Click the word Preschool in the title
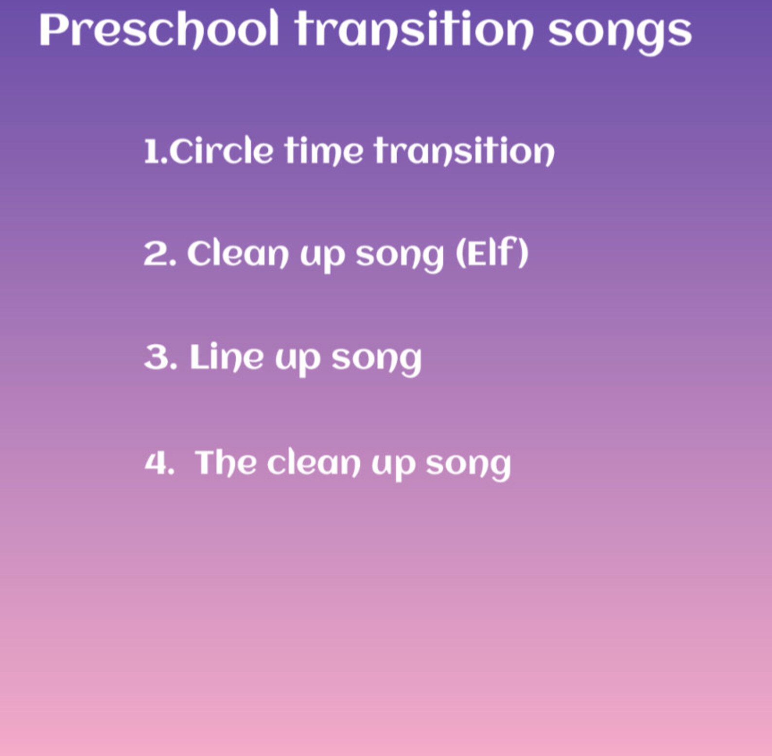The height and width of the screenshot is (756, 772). pos(158,30)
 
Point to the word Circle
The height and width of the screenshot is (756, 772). pos(222,151)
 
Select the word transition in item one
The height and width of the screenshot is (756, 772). pos(464,151)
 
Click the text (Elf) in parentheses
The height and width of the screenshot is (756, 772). pos(491,254)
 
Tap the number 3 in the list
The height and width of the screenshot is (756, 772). pos(157,357)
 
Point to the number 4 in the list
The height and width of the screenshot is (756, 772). pos(156,462)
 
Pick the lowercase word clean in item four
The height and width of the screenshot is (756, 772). pos(314,462)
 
